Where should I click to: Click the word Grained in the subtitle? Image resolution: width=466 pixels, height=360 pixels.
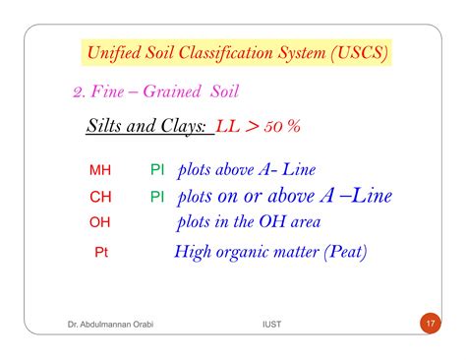(174, 91)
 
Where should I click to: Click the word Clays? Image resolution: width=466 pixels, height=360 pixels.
(176, 130)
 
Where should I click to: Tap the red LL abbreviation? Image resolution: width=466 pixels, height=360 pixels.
(229, 130)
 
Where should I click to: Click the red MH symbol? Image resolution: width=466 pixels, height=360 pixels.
(100, 170)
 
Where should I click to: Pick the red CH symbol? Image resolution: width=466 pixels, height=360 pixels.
(100, 197)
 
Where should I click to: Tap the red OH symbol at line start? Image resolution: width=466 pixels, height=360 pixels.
(100, 222)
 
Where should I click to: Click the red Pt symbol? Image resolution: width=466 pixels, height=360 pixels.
(102, 253)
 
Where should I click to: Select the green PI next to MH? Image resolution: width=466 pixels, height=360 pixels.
(157, 170)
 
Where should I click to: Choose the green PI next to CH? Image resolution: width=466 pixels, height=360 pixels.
(157, 197)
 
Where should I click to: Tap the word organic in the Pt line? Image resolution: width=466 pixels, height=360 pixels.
(244, 253)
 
